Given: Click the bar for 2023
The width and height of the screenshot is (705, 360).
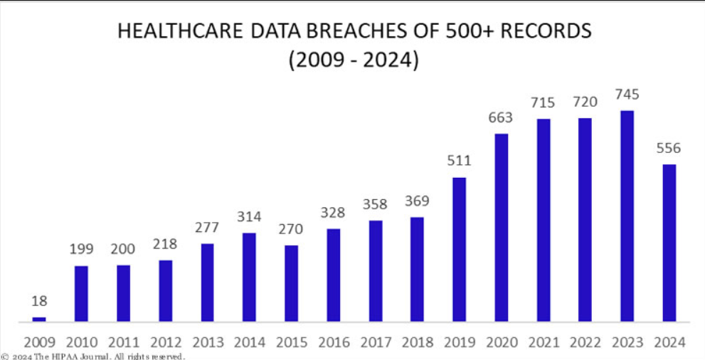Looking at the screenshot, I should [627, 216].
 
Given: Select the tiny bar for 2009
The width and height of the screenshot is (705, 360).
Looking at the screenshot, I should [39, 319].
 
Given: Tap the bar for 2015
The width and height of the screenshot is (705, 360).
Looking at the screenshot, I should [291, 282].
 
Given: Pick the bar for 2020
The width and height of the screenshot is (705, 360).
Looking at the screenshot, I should [501, 227].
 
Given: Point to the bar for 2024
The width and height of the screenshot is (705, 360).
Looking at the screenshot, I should [669, 243].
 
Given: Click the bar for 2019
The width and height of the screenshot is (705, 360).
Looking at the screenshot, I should [459, 249].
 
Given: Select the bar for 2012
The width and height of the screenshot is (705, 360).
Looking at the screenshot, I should [165, 290].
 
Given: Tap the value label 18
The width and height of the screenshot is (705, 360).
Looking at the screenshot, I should [39, 302].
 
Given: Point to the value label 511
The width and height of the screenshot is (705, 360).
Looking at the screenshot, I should [459, 162].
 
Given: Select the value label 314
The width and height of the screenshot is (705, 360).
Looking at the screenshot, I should [249, 217].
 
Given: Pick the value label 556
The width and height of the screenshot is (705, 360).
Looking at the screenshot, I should [669, 149].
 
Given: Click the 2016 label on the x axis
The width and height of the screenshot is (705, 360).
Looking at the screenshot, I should [333, 343].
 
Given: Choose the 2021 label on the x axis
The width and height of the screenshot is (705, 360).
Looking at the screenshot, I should [543, 343].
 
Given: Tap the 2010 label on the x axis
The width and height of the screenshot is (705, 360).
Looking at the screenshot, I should [81, 343].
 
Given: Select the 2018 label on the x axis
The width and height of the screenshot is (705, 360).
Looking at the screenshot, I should [417, 343].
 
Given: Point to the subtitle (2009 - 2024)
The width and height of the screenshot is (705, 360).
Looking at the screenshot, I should [353, 60].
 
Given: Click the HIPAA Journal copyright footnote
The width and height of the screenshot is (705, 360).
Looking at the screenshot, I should [93, 356].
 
